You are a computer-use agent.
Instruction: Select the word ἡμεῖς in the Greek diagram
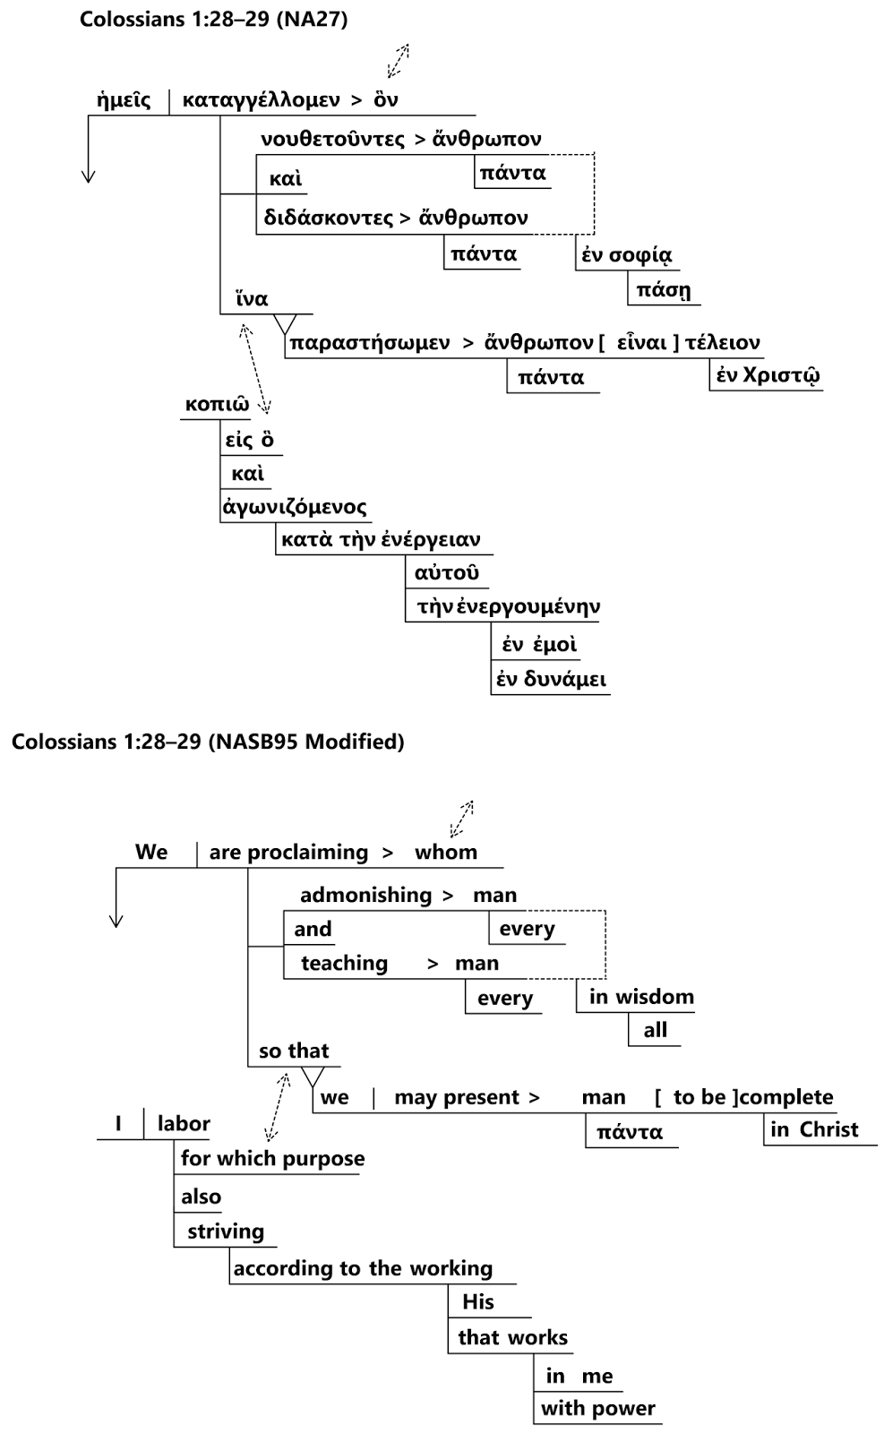[x=124, y=100]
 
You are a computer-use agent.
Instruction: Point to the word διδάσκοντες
[x=328, y=218]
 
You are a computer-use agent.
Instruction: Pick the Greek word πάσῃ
[x=663, y=290]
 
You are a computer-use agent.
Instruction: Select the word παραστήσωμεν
[x=369, y=343]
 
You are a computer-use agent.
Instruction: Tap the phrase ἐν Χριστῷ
[x=768, y=375]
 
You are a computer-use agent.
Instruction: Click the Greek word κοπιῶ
[x=217, y=404]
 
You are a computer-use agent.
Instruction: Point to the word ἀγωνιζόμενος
[x=295, y=508]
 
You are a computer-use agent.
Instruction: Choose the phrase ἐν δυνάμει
[x=552, y=679]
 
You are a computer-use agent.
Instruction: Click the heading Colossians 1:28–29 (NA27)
[x=213, y=19]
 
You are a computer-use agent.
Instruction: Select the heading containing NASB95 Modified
[x=208, y=742]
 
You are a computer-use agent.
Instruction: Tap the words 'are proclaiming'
[x=288, y=853]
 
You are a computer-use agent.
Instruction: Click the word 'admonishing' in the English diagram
[x=365, y=896]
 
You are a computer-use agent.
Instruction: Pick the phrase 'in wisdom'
[x=641, y=997]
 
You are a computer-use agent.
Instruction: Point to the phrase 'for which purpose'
[x=272, y=1159]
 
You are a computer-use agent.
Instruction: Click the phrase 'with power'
[x=597, y=1409]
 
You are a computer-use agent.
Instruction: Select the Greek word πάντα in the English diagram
[x=630, y=1132]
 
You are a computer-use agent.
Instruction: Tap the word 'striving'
[x=226, y=1231]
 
